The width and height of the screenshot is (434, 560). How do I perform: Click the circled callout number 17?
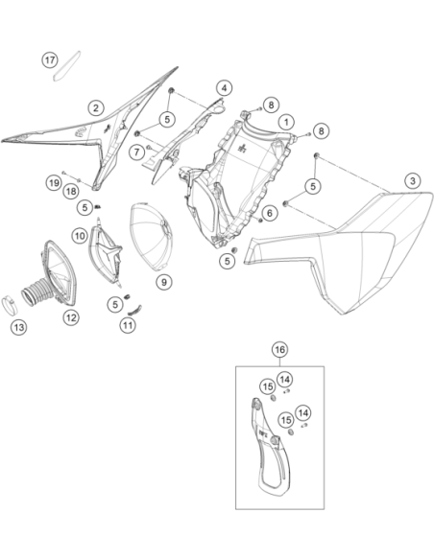[50, 59]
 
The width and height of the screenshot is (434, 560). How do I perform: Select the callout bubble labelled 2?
[95, 107]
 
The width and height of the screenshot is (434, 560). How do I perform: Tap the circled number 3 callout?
[413, 180]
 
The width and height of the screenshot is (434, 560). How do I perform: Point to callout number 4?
[224, 88]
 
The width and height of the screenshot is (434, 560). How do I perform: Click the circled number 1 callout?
[286, 122]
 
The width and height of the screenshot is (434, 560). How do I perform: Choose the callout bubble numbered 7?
[137, 152]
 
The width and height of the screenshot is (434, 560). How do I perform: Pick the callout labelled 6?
[269, 213]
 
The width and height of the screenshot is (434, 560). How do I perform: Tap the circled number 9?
[164, 282]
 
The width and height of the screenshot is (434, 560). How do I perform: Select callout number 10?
[80, 236]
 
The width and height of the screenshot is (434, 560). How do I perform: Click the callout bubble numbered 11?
[128, 325]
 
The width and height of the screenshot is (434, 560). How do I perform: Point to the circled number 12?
[71, 317]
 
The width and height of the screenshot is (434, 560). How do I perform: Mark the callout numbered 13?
[18, 327]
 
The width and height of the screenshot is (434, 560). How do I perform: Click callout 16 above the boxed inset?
[279, 350]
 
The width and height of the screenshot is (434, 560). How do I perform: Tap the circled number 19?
[54, 183]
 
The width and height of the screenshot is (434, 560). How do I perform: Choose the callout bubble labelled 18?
[71, 192]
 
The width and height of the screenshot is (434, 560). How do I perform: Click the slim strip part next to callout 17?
[67, 66]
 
